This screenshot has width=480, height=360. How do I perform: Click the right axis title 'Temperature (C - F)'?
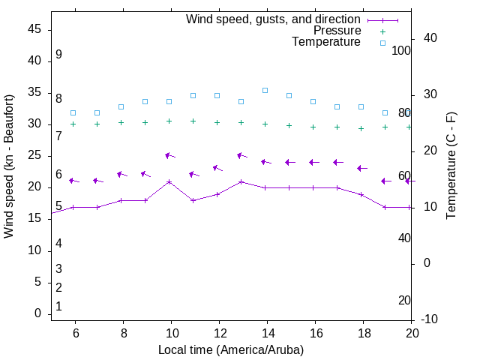coord(451,166)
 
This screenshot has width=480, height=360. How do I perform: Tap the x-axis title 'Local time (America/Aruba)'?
coord(231,350)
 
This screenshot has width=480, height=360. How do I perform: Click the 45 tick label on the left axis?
coord(34,29)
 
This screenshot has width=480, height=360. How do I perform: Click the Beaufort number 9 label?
coord(58,55)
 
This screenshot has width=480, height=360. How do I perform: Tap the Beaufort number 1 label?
coord(58,307)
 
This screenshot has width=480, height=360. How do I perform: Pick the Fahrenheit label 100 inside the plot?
coord(401,50)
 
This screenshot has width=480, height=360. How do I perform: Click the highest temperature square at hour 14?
coord(265,90)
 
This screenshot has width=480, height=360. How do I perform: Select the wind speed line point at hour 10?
coord(169,181)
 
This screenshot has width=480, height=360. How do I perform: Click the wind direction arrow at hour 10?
coord(169,156)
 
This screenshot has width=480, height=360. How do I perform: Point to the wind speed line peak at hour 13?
coord(241,181)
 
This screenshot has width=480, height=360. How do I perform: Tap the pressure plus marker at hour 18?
coord(361,128)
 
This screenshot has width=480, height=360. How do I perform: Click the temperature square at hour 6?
coord(73,112)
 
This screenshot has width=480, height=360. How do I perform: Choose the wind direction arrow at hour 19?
coord(385,181)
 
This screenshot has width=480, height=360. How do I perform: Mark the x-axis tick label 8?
coord(123,333)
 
